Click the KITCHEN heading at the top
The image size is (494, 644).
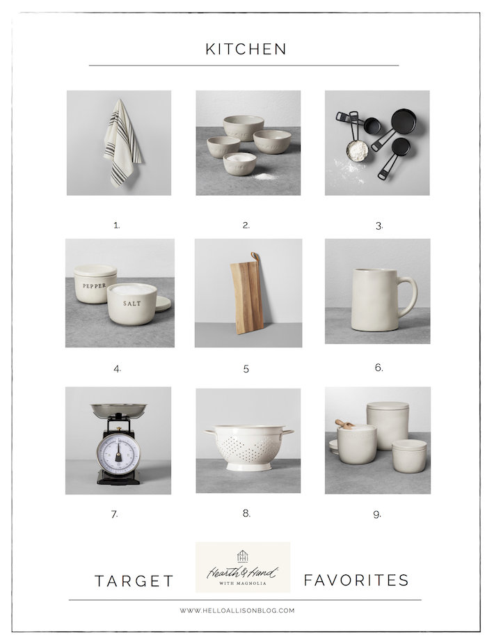246,49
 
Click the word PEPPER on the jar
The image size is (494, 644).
95,286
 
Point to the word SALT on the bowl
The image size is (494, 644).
132,304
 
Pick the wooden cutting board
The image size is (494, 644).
246,296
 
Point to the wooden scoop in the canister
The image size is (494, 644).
344,423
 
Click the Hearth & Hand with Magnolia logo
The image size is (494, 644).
243,567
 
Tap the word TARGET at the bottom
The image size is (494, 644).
134,581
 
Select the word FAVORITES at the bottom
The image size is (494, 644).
356,580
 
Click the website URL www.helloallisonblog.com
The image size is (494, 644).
237,611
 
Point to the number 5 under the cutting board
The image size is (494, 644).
246,369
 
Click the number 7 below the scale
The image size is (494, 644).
114,515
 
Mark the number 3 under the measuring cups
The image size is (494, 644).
379,226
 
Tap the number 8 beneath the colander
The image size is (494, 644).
246,513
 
